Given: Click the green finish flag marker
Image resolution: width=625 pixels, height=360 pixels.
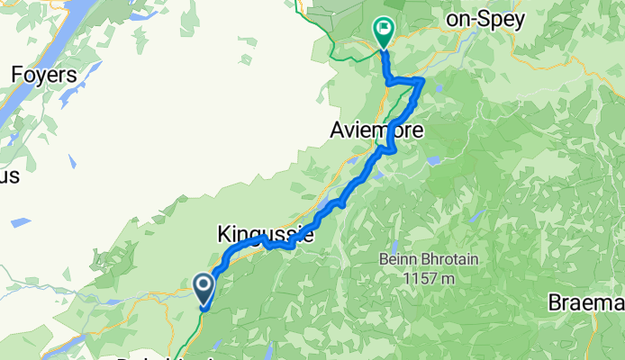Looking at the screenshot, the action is tap(385, 32).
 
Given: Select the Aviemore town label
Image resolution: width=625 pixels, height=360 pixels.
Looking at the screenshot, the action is tap(376, 130).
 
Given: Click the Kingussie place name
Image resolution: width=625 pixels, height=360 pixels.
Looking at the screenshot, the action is tap(265, 235).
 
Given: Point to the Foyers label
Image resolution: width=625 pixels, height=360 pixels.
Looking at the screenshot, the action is tap(43, 75).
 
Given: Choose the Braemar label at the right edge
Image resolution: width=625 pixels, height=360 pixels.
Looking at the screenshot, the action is tap(585, 303).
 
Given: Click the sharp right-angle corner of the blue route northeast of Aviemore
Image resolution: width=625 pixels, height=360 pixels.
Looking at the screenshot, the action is tap(421, 81).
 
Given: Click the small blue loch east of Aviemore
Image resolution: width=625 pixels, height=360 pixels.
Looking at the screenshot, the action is tap(435, 161).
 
